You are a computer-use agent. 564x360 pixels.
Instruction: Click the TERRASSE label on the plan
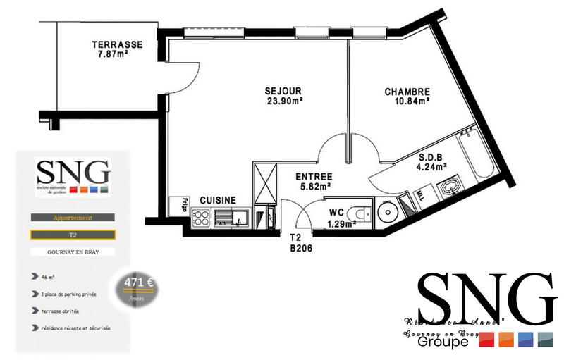(x=117, y=49)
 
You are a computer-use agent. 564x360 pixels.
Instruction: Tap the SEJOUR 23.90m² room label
(x=283, y=96)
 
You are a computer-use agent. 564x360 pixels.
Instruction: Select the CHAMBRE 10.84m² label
(x=407, y=96)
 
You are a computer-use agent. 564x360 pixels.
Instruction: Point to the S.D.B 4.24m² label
(x=431, y=163)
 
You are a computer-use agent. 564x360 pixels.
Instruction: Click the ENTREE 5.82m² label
(x=313, y=182)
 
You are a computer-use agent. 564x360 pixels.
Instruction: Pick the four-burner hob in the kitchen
(x=202, y=218)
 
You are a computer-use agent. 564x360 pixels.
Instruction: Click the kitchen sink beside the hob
(x=230, y=218)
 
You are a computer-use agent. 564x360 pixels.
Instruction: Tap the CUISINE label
(x=218, y=200)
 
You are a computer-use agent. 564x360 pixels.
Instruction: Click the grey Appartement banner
(x=73, y=218)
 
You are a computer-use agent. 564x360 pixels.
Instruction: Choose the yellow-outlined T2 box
(x=73, y=234)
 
